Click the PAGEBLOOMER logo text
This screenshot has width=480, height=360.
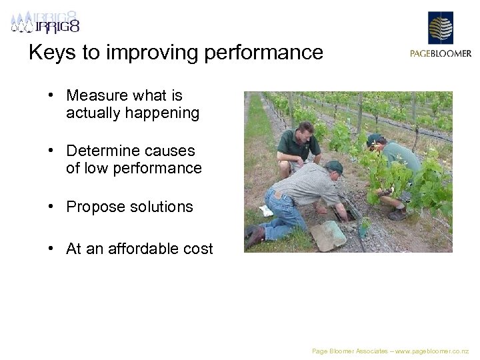440,54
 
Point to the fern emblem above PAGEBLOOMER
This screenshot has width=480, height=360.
440,28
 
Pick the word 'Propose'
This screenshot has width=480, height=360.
93,207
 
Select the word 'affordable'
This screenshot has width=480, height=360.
140,249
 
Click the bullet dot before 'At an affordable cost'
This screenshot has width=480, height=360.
51,249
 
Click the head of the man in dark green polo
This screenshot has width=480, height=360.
305,130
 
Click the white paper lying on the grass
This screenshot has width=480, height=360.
266,211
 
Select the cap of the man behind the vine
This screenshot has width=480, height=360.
375,139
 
